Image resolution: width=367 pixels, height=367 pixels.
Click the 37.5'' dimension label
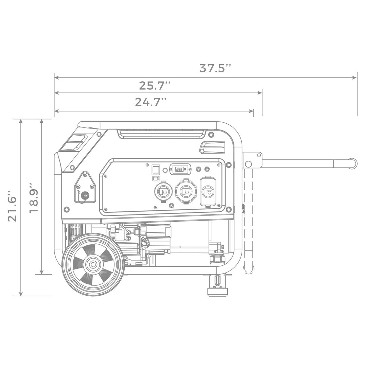[215, 68]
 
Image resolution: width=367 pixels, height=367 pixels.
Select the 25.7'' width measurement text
[155, 86]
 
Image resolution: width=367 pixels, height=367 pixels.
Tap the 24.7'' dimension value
[151, 102]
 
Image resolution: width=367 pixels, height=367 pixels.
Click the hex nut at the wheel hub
[92, 264]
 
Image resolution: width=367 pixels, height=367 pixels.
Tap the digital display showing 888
[180, 169]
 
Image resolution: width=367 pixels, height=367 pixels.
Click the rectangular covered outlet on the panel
[208, 192]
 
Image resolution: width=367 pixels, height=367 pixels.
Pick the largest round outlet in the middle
[186, 192]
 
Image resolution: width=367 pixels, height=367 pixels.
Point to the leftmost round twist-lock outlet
[163, 192]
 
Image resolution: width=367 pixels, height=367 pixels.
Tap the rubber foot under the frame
[217, 292]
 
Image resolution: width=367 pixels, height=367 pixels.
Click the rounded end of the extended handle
[353, 163]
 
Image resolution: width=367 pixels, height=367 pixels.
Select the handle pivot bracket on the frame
[252, 160]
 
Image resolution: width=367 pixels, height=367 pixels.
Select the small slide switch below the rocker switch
[155, 179]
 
